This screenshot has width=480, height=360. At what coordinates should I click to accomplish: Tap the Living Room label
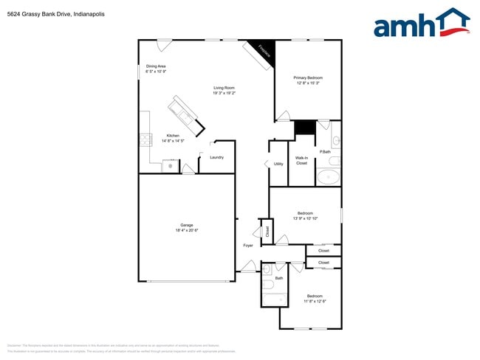coord(224,88)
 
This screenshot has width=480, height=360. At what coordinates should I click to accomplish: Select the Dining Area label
coord(156,66)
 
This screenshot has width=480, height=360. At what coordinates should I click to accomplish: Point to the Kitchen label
coord(173,136)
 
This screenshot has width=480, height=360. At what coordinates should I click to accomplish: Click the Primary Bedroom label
coord(308,77)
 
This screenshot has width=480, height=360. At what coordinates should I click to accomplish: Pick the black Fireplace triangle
coord(262,49)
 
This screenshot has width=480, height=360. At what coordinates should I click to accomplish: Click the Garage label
coord(187,226)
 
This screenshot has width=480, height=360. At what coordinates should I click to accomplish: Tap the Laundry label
coord(216,157)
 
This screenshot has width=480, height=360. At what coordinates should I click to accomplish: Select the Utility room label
coord(278,164)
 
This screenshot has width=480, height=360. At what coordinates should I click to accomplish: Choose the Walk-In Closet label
coord(302,160)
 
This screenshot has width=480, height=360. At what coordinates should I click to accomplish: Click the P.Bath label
coord(324,152)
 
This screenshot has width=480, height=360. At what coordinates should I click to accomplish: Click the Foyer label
coord(248,245)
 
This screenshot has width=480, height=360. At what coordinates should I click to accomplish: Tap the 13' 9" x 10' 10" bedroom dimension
coord(305,218)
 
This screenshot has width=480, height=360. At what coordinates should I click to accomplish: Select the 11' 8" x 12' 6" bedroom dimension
coord(315,301)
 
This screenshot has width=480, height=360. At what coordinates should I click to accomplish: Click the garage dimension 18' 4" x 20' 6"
coord(187,231)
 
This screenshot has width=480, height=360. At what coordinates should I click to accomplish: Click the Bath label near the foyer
coord(279,278)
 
